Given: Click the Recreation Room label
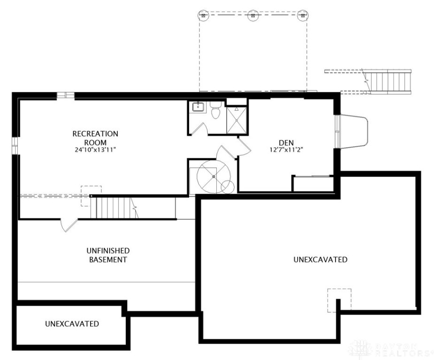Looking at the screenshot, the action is pyautogui.click(x=95, y=138).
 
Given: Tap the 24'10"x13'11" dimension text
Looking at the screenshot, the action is pyautogui.click(x=95, y=150).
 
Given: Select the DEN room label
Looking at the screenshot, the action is pyautogui.click(x=286, y=143).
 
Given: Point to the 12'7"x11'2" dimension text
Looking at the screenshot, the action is pyautogui.click(x=287, y=150).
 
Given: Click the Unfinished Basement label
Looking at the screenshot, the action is pyautogui.click(x=108, y=255).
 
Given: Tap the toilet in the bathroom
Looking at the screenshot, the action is pyautogui.click(x=215, y=110).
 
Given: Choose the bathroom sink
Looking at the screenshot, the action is pyautogui.click(x=198, y=107).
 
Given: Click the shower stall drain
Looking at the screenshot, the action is pyautogui.click(x=236, y=120).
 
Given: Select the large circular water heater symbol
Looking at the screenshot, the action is pyautogui.click(x=213, y=176).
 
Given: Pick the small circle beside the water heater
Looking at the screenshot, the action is pyautogui.click(x=228, y=187).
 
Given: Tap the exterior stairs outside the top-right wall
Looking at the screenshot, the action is pyautogui.click(x=388, y=81).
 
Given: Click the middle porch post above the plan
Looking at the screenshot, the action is pyautogui.click(x=252, y=15).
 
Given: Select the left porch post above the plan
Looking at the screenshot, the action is pyautogui.click(x=203, y=15).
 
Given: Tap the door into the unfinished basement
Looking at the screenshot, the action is pyautogui.click(x=69, y=225).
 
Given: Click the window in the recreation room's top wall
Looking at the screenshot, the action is pyautogui.click(x=66, y=96).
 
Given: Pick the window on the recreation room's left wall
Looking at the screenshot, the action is pyautogui.click(x=15, y=145).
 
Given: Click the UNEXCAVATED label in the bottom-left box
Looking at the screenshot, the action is pyautogui.click(x=72, y=324).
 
